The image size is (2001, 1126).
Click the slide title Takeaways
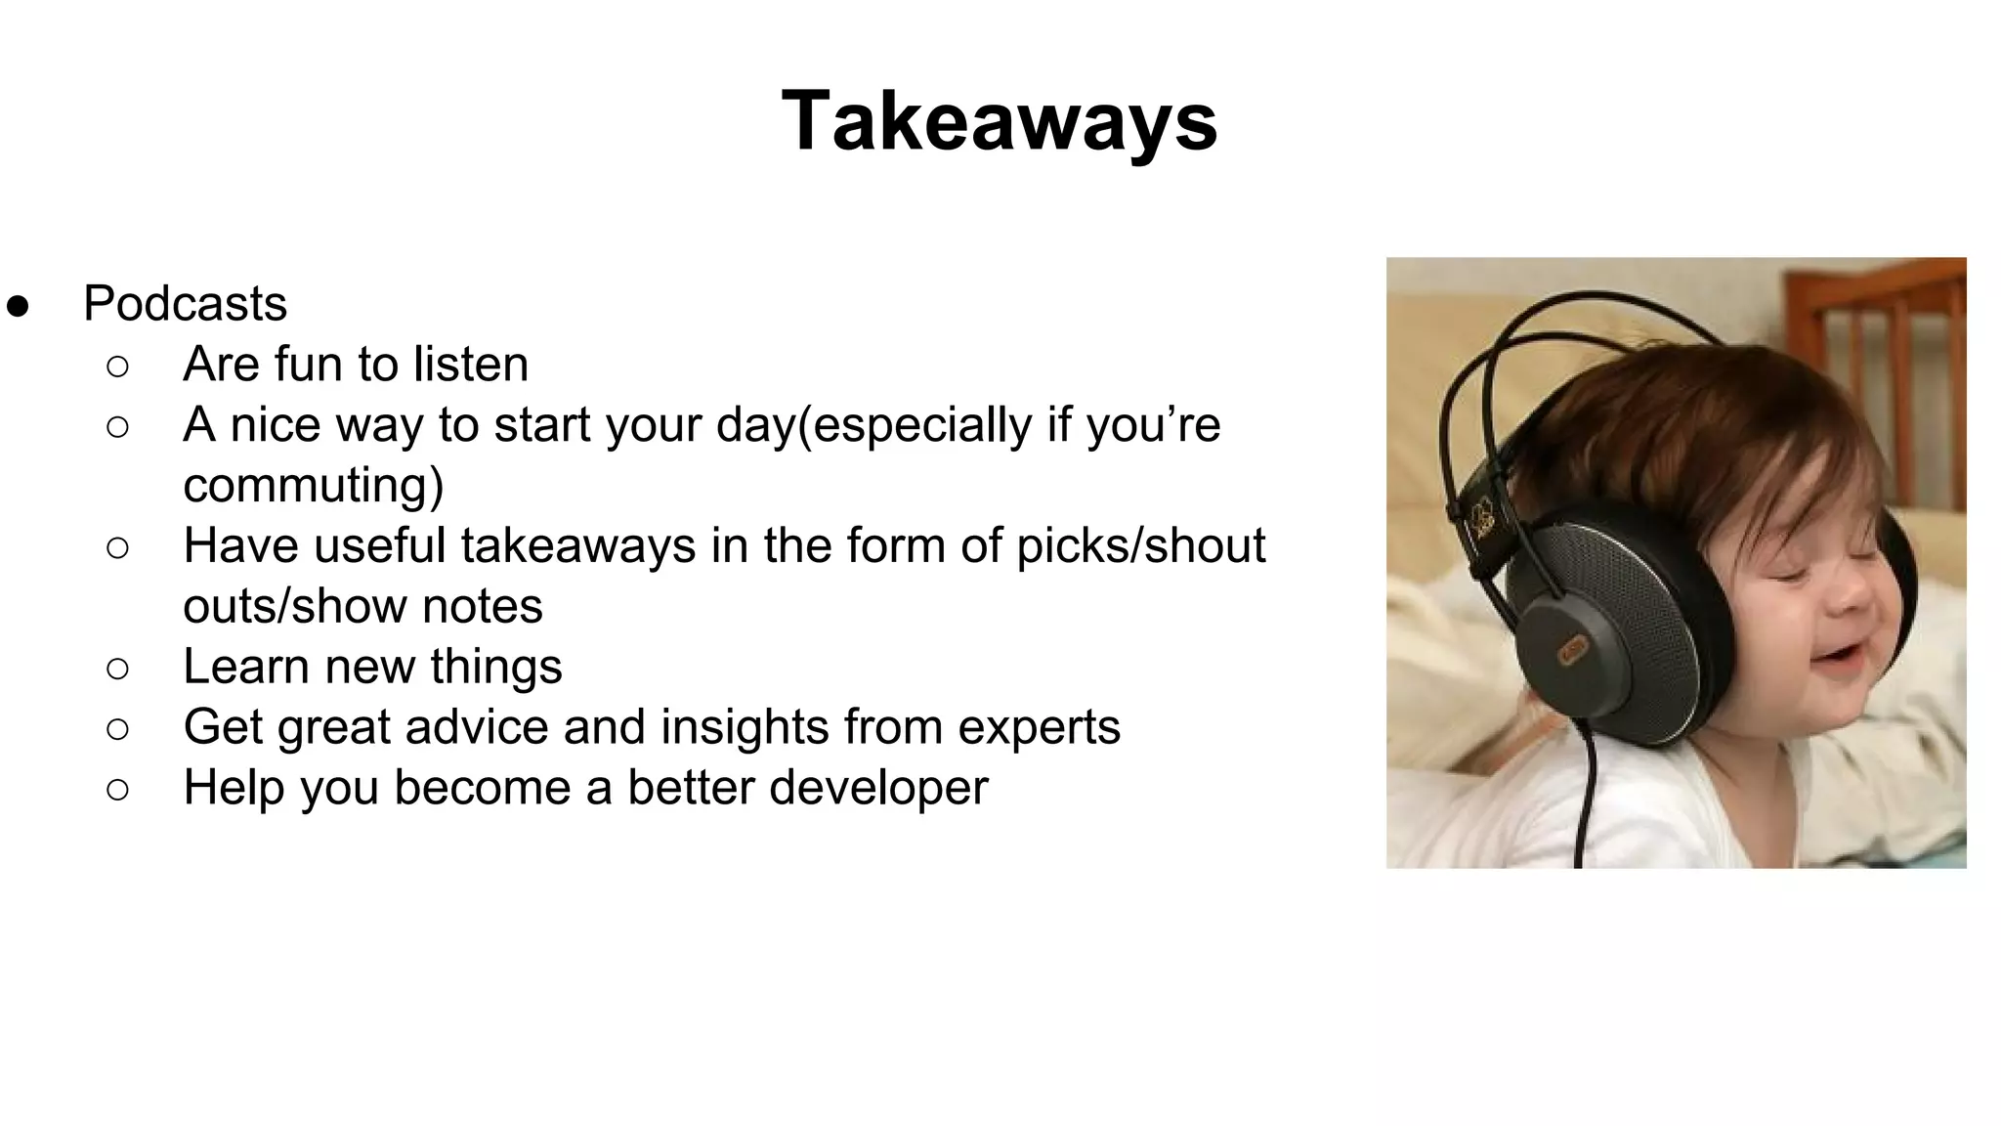tap(1000, 121)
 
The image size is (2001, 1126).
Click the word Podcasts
tap(185, 303)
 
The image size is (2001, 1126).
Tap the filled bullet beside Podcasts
tap(18, 305)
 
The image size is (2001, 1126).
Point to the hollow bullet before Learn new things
tap(117, 669)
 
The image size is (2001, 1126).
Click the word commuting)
tap(313, 485)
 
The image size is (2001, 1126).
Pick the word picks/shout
tap(1140, 545)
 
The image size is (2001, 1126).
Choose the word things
tap(496, 667)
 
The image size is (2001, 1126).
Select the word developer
tap(878, 788)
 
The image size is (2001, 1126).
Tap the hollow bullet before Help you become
tap(117, 790)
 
